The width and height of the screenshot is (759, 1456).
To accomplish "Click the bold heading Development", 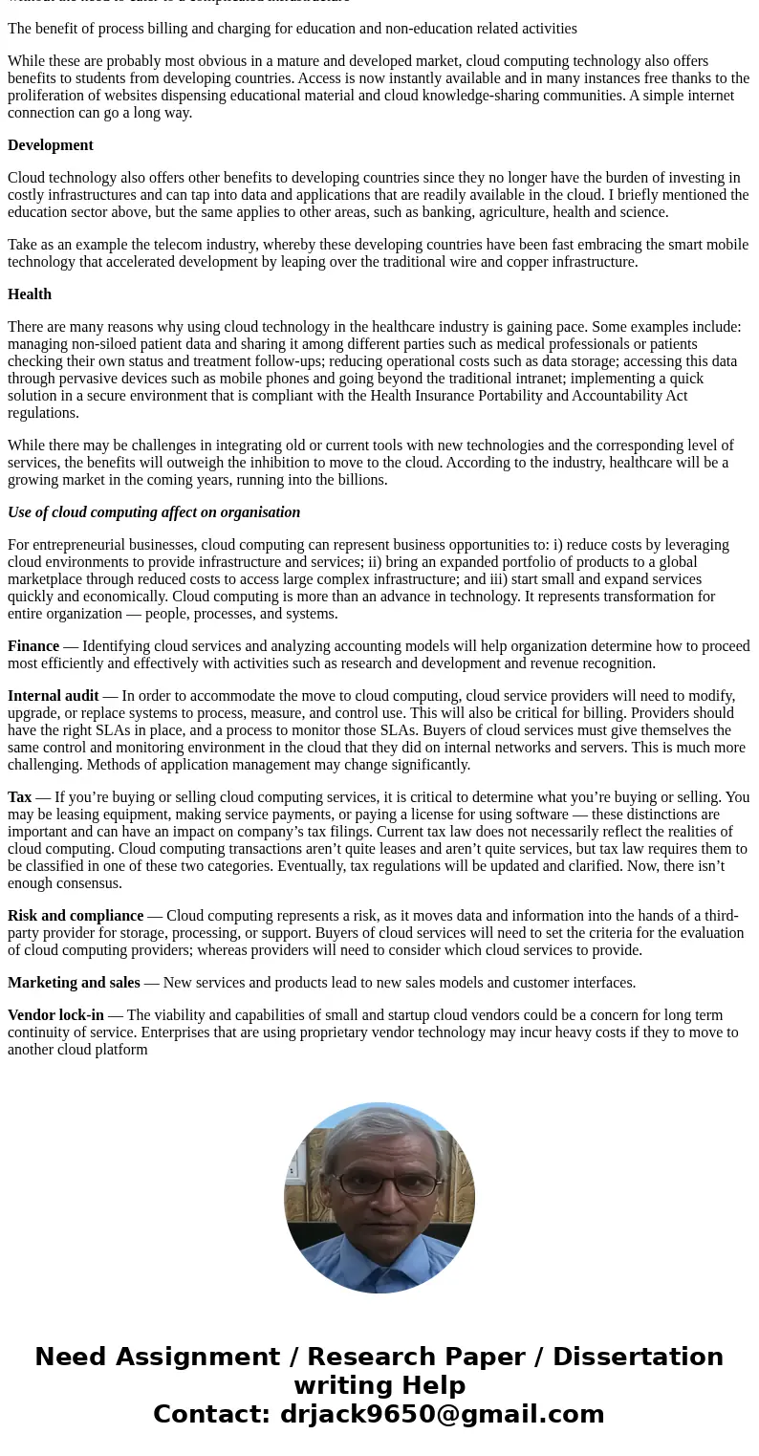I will (x=51, y=145).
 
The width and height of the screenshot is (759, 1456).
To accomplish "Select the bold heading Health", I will (x=30, y=294).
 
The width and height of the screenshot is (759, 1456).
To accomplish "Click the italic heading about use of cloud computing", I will (x=154, y=512).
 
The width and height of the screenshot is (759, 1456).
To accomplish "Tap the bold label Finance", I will (x=33, y=646).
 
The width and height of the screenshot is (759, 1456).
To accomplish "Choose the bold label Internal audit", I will (x=54, y=696).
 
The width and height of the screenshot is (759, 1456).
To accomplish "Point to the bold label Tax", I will (x=19, y=797).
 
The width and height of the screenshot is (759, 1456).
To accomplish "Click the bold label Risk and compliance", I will (x=76, y=916).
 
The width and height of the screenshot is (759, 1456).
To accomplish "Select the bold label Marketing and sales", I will (x=74, y=983).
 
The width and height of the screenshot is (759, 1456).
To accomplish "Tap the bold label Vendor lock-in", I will (x=55, y=1015).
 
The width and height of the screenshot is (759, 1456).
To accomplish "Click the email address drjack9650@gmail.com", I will (x=442, y=1414).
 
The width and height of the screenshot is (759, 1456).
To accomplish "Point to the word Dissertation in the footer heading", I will (x=638, y=1357).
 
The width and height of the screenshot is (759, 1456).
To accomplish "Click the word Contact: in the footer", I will (x=211, y=1414).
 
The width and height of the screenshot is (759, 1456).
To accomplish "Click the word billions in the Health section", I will (x=358, y=480).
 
